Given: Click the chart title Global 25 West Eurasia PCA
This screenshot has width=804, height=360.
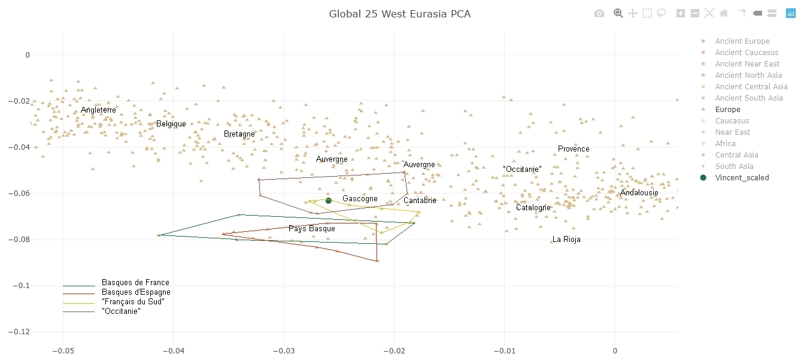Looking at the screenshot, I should [399, 14].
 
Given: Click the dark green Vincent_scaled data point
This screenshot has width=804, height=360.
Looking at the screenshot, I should [328, 201].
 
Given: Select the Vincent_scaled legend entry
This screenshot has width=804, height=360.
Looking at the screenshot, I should [742, 178].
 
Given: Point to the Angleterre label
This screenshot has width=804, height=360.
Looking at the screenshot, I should [98, 110].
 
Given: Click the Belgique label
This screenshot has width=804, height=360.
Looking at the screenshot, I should [171, 124].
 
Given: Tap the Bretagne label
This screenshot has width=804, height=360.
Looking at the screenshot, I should [239, 134].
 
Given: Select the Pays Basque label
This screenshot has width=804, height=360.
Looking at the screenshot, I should [312, 229].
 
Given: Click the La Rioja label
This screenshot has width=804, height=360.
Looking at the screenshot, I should [566, 240].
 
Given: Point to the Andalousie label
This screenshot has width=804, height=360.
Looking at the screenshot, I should [639, 193].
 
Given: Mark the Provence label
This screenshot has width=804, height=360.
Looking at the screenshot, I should [574, 149].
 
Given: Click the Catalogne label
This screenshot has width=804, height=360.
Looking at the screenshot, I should [533, 208].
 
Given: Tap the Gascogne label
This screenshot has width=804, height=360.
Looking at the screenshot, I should [360, 199].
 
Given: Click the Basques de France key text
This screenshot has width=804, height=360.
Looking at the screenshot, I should [135, 283].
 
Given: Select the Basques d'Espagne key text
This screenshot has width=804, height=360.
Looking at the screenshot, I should [136, 292].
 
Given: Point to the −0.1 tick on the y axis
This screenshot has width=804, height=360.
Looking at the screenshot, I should [21, 286].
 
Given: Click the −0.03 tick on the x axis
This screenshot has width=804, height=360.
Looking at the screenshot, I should [284, 350].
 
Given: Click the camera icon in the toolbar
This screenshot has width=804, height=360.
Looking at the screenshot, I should [599, 13].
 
